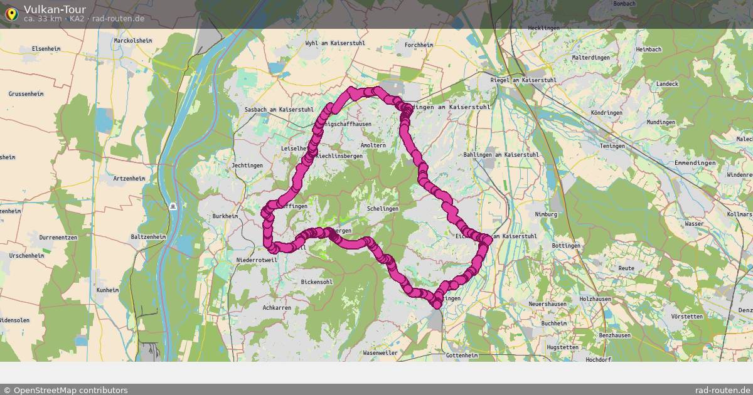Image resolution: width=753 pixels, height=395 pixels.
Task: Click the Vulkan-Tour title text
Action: point(55,9)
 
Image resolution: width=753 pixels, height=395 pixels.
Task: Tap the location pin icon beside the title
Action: point(12,13)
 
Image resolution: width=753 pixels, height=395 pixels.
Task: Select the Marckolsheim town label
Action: point(133,41)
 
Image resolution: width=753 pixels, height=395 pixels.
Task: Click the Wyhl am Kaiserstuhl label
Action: point(334,43)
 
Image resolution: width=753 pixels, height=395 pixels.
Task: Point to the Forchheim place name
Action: point(419,45)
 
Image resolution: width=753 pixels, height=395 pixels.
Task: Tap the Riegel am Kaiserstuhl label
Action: point(523,80)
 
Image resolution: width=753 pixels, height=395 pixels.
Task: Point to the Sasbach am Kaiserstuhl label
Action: point(279,109)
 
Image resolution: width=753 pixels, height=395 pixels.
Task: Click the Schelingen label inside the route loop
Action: point(382,208)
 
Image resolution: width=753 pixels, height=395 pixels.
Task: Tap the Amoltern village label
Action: point(373,145)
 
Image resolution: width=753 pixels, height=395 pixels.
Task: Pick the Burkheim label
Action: point(225,216)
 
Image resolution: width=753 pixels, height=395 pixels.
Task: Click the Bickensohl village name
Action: point(317,282)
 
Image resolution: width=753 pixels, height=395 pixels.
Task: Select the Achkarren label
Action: point(277,308)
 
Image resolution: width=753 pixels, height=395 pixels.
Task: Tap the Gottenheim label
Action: point(462,355)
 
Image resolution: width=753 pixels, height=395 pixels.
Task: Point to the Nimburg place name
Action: point(546,214)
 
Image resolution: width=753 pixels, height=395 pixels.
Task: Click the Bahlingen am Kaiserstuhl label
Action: point(501,154)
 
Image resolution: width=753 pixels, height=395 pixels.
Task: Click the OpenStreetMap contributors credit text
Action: point(65,390)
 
